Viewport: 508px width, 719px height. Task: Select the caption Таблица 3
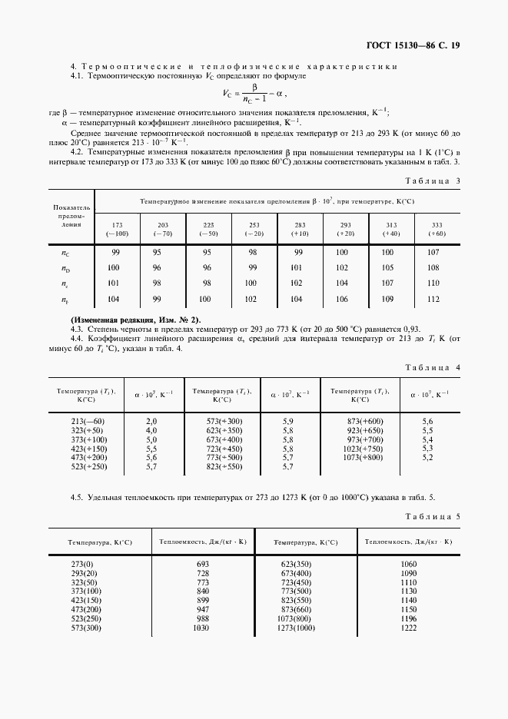(433, 181)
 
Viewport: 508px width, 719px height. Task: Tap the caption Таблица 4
(433, 368)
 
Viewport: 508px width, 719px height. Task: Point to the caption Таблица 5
(433, 517)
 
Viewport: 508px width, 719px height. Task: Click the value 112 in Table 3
(433, 300)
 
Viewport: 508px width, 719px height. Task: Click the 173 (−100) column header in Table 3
(117, 228)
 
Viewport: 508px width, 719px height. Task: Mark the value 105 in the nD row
(387, 267)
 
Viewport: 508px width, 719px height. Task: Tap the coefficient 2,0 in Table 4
(151, 422)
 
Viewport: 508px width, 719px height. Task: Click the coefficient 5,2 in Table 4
(428, 458)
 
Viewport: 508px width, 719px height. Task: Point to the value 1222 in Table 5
(407, 628)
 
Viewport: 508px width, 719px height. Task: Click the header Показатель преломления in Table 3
(71, 217)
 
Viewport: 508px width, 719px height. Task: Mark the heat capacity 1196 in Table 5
(407, 619)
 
